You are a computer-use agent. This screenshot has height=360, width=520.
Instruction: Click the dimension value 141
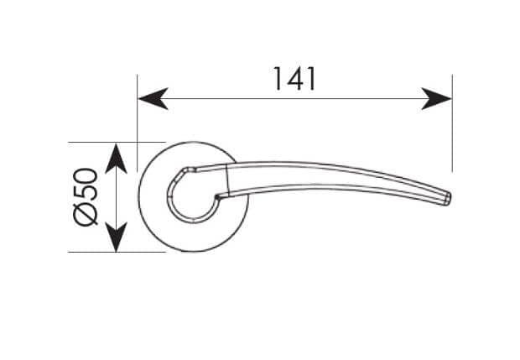click(294, 79)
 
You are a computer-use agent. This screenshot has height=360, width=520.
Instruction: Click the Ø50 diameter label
click(86, 196)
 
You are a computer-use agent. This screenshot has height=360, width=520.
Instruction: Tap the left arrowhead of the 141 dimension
click(153, 98)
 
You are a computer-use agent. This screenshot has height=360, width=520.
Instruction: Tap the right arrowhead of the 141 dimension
click(436, 98)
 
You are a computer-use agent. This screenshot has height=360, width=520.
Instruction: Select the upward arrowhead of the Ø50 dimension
click(116, 159)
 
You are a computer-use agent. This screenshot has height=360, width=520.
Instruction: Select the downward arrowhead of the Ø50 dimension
click(116, 237)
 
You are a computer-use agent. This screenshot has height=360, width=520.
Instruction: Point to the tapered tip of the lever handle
click(447, 198)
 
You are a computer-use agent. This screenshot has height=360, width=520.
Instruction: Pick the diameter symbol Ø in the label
click(86, 214)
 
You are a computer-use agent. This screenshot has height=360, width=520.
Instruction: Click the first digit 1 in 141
click(278, 79)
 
